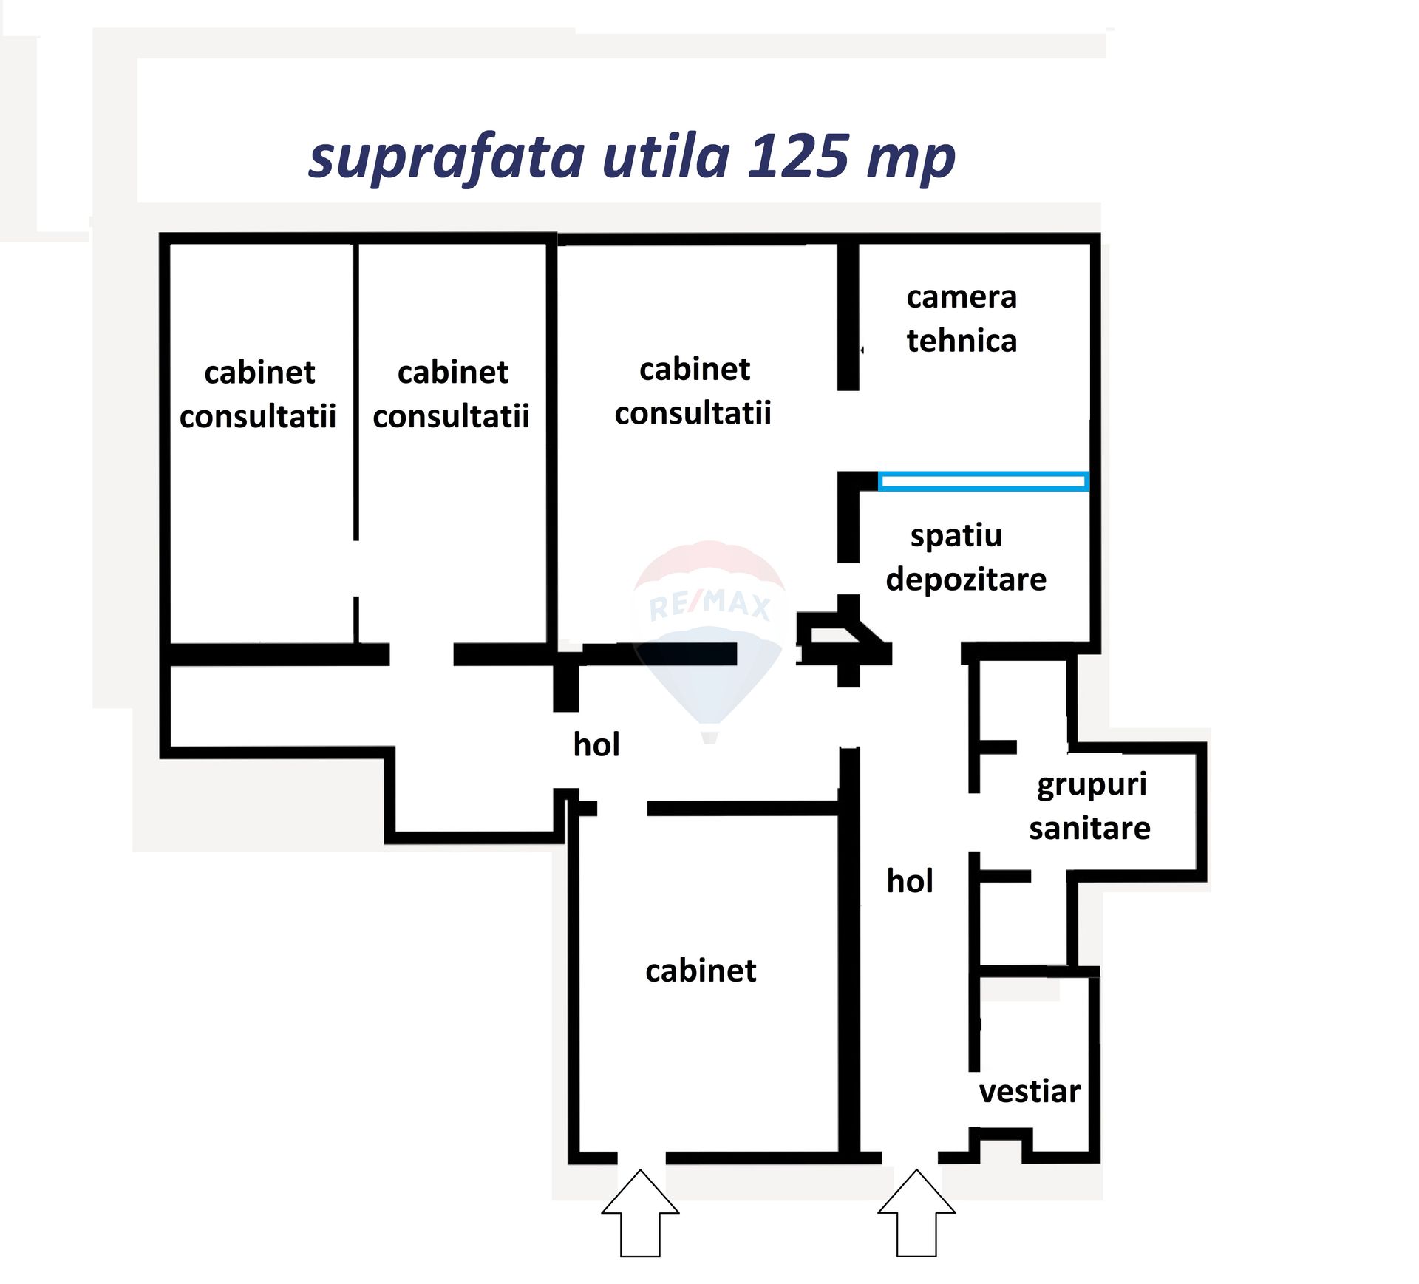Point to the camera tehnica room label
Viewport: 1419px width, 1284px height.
(x=962, y=319)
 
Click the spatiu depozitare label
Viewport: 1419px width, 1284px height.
(x=966, y=558)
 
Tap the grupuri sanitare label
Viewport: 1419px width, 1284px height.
(x=1090, y=806)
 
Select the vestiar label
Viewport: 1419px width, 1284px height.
(x=1030, y=1091)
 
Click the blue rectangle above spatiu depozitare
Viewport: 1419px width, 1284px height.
(x=983, y=481)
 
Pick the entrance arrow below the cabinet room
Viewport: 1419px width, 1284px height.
(x=640, y=1213)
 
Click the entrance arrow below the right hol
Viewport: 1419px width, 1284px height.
(x=916, y=1213)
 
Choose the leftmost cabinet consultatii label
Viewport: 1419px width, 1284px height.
(x=258, y=394)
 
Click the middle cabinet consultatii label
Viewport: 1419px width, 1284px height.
(x=451, y=394)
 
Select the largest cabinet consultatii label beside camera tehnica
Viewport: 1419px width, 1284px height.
(x=693, y=390)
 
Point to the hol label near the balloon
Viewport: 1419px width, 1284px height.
(x=596, y=744)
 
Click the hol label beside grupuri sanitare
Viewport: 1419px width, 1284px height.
(x=910, y=881)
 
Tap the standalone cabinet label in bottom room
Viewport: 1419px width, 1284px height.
(x=701, y=970)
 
